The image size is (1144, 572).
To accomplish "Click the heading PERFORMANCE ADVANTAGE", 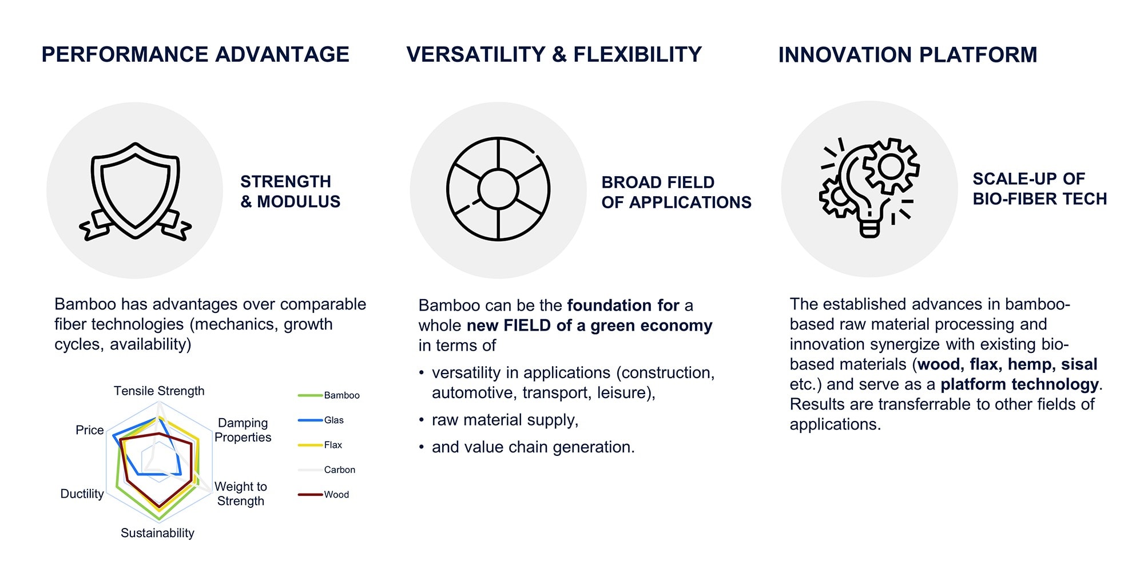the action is (195, 54).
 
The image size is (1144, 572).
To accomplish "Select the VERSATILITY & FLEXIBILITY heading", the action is (554, 54).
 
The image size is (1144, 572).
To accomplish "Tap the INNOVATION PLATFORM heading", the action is (908, 55).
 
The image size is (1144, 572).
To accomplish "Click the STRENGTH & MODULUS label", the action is (290, 192).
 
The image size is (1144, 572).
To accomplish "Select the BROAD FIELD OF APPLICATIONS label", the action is (676, 192).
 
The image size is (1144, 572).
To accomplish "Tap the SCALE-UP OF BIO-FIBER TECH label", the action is (1040, 189).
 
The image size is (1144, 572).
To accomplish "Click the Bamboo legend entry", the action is (329, 395).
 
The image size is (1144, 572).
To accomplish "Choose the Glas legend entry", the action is (321, 420).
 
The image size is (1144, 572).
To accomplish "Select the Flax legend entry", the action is (320, 445).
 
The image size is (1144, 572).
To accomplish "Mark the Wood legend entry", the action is (324, 495).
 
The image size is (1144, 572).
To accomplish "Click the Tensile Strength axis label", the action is (159, 391).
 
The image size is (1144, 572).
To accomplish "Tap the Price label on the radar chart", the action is (90, 430).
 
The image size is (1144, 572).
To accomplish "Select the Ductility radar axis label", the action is (82, 494).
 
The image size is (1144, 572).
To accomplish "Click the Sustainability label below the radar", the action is (157, 533).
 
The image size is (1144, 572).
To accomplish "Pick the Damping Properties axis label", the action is (243, 430).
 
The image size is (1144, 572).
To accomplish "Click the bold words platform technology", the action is (1019, 384).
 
